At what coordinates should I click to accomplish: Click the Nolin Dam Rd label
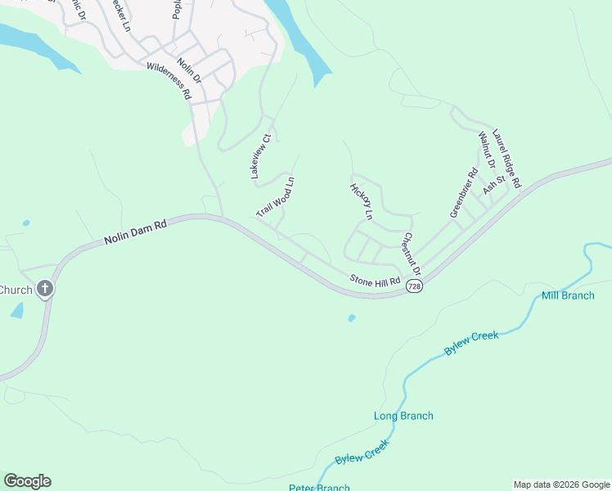(135, 232)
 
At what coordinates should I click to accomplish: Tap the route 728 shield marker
(416, 287)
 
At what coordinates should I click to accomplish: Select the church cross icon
(45, 289)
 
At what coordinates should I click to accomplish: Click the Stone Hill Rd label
(375, 281)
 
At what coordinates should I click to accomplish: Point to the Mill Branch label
(568, 295)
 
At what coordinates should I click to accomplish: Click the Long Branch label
(403, 416)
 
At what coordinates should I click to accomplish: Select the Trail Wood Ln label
(275, 196)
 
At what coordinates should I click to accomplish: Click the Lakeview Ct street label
(260, 157)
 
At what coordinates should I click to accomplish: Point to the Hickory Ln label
(361, 201)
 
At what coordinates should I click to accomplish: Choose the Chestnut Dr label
(411, 253)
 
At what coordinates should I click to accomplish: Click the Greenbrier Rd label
(463, 193)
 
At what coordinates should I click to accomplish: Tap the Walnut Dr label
(487, 149)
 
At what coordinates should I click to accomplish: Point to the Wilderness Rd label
(169, 82)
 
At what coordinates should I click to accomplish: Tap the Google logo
(27, 481)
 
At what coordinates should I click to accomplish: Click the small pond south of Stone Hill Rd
(351, 318)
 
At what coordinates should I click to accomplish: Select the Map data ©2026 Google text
(561, 484)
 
